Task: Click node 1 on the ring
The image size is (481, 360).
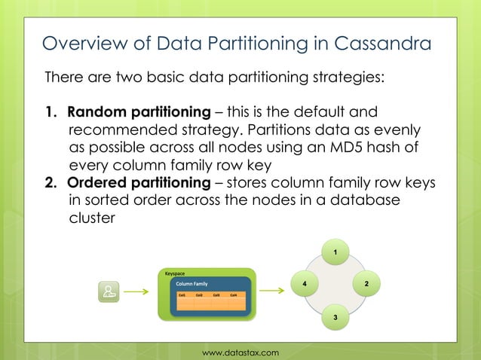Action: (335, 249)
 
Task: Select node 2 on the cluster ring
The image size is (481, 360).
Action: (366, 284)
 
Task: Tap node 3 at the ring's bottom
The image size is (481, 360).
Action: (335, 319)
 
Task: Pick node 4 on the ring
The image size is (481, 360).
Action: (305, 284)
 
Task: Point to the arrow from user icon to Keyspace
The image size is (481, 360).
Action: (136, 291)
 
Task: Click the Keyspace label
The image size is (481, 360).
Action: (175, 273)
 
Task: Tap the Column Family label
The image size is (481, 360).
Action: (191, 284)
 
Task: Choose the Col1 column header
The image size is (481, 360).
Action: (182, 295)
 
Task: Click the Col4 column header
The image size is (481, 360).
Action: (234, 295)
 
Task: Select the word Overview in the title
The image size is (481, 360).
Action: (80, 43)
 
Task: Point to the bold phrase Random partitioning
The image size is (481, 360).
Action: (139, 112)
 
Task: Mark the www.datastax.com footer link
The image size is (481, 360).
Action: (240, 352)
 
